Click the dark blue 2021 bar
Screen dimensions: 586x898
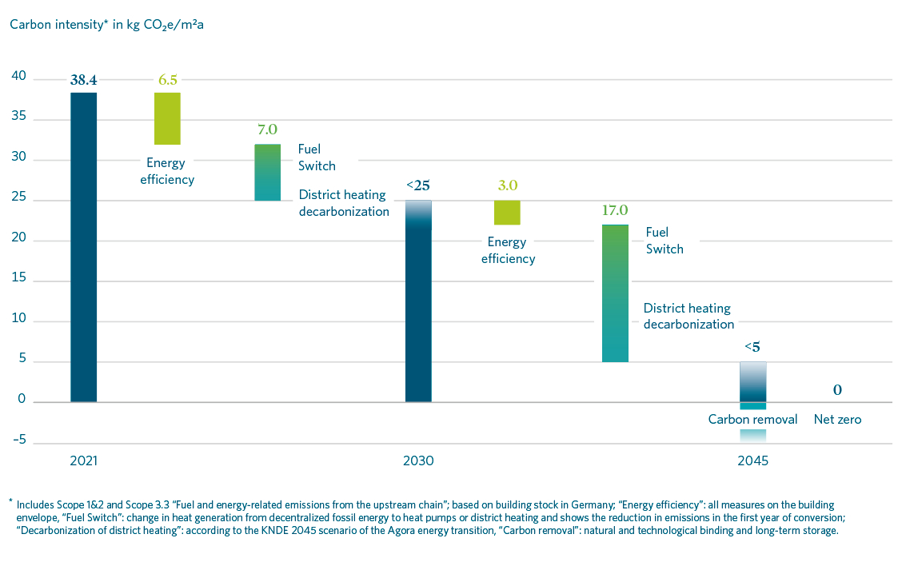coord(83,248)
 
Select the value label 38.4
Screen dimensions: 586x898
coord(83,80)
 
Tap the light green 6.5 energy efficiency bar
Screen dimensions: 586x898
coord(167,118)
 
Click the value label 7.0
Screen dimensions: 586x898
coord(267,130)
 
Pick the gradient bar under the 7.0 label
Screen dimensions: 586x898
coord(267,173)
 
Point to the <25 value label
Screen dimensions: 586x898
coord(418,185)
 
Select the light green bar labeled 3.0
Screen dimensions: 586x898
coord(507,213)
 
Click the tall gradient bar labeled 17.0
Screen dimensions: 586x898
coord(615,293)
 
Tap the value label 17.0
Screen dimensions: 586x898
coord(615,211)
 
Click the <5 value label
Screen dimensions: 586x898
coord(752,348)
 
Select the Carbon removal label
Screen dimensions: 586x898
coord(752,419)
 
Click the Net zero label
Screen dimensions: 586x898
coord(837,419)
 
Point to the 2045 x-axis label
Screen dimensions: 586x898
coord(752,461)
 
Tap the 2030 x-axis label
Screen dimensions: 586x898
coord(418,461)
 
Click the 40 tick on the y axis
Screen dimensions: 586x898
coord(18,78)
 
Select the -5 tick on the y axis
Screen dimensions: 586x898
coord(18,440)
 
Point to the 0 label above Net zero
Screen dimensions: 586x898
coord(837,391)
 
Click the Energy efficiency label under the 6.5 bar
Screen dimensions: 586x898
coord(167,172)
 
